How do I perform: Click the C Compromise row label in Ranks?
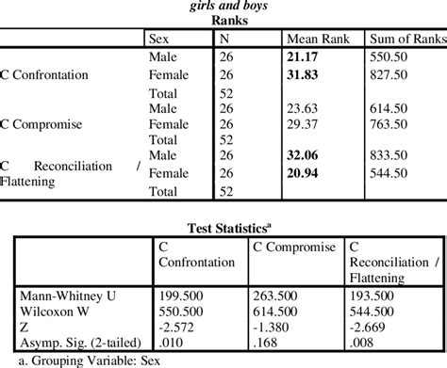coord(46,123)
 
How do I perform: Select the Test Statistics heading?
coord(223,226)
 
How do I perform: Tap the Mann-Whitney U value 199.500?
coord(180,294)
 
